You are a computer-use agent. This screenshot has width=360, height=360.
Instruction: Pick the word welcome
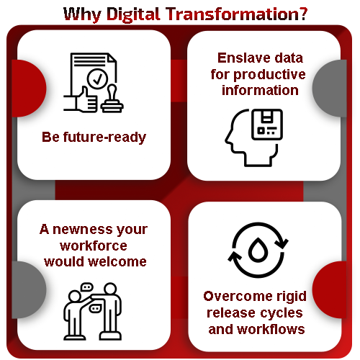coord(122,261)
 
